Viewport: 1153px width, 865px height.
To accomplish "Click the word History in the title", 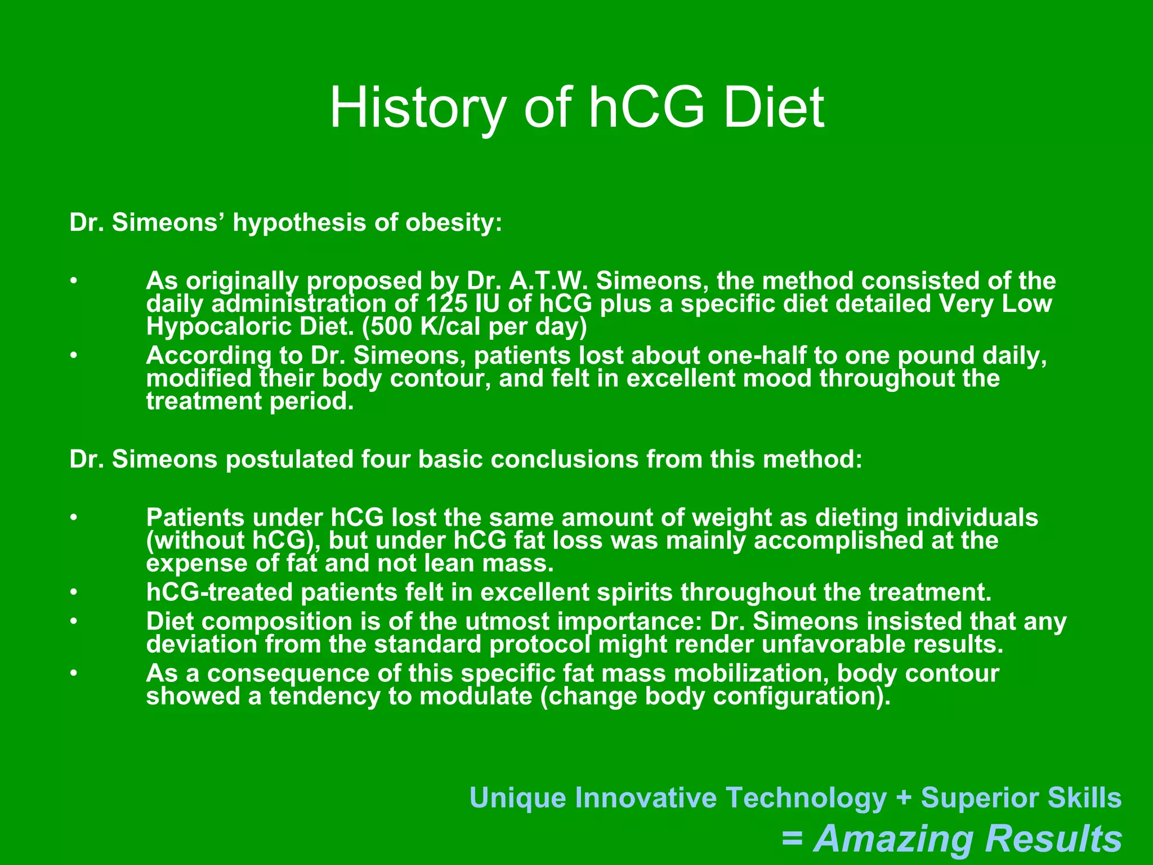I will pos(417,108).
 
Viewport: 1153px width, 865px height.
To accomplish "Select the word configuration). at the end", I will pos(802,697).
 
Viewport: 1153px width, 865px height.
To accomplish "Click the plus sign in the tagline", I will pos(904,798).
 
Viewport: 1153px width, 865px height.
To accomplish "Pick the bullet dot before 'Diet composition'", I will pos(73,621).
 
